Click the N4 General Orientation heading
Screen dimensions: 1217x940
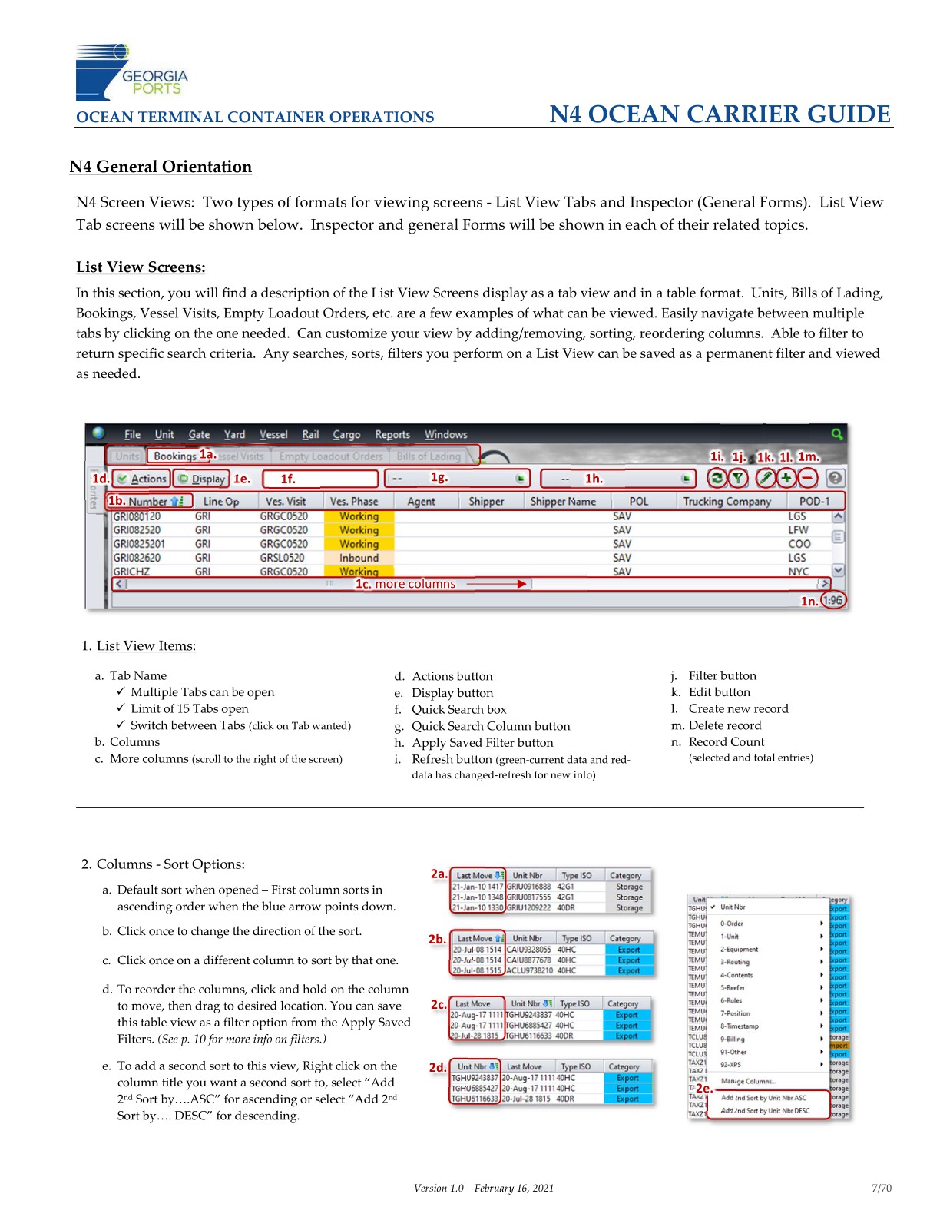pyautogui.click(x=161, y=167)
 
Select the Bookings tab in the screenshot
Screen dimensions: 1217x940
pyautogui.click(x=174, y=456)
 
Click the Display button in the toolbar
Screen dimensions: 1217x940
pyautogui.click(x=201, y=479)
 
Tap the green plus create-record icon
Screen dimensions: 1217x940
pyautogui.click(x=786, y=478)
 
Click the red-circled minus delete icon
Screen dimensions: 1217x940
pyautogui.click(x=807, y=478)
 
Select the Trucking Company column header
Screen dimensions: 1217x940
pyautogui.click(x=727, y=501)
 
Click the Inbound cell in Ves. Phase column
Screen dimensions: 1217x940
pyautogui.click(x=359, y=558)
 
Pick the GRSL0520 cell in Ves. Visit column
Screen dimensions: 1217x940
pyautogui.click(x=282, y=558)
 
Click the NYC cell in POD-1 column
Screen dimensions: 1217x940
pyautogui.click(x=798, y=572)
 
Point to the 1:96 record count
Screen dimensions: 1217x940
pyautogui.click(x=833, y=600)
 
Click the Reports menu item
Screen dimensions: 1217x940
pyautogui.click(x=392, y=434)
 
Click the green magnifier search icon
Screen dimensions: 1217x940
pyautogui.click(x=836, y=434)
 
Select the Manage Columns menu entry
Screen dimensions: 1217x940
pyautogui.click(x=748, y=1081)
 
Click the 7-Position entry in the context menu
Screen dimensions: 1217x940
pyautogui.click(x=734, y=1013)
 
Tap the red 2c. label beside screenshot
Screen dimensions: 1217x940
pyautogui.click(x=438, y=1004)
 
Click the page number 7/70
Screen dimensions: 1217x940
pyautogui.click(x=881, y=1188)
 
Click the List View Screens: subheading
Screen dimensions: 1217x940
pyautogui.click(x=141, y=267)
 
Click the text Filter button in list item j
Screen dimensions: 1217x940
pyautogui.click(x=722, y=675)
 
